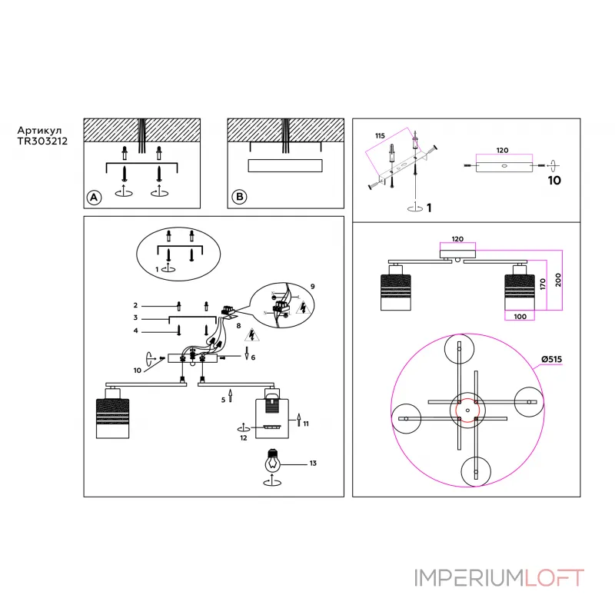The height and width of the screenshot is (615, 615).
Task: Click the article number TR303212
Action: coord(42,141)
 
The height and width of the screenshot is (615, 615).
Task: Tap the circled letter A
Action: coord(94,198)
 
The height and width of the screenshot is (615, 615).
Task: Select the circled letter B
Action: coord(239,197)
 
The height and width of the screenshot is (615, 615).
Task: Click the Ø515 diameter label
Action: coord(551,359)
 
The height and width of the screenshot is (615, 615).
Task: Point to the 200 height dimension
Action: coord(558,280)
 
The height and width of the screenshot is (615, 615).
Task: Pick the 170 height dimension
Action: coord(543,284)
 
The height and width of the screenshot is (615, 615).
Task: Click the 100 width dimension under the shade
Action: coord(520,317)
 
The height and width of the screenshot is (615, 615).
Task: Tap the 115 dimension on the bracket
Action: coord(380,136)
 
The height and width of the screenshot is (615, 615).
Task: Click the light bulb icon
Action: coord(273,461)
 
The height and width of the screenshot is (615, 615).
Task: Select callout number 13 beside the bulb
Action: coord(313,464)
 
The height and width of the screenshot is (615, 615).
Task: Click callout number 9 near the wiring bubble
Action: coord(313,286)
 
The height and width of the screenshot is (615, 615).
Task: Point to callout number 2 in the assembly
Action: coord(135,305)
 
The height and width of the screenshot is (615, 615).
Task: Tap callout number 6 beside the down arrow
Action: coord(253,357)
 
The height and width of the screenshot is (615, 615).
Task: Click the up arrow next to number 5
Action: coord(230,395)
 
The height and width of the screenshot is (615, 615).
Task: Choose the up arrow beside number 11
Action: coord(299,420)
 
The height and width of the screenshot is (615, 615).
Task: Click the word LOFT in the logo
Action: coord(553,578)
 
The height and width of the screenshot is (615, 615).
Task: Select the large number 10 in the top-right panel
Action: coord(554,181)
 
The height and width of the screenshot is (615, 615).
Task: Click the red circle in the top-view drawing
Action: coord(467,411)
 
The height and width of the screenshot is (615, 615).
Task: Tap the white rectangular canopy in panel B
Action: coord(285,165)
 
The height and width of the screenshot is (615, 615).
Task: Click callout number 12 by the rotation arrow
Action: coord(244,437)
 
